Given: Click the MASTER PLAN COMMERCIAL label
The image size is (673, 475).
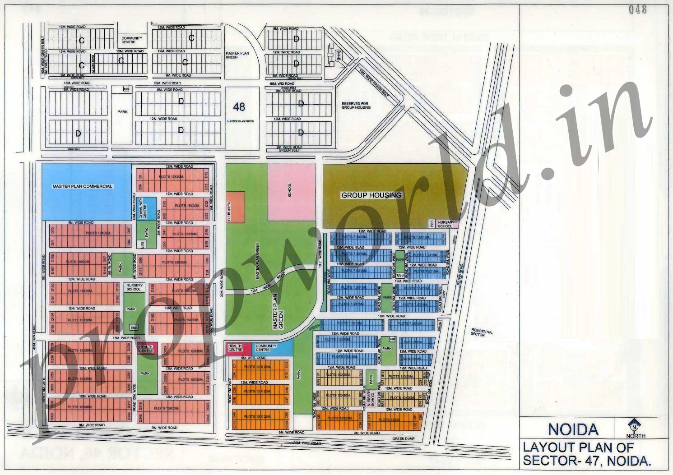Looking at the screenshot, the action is (x=82, y=186).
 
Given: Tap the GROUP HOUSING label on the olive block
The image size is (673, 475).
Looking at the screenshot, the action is (x=371, y=195).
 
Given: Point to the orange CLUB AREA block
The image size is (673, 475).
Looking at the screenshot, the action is (x=235, y=207).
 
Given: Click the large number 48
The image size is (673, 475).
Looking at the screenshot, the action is (x=239, y=106).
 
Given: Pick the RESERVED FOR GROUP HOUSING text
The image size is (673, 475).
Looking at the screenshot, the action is (x=356, y=106).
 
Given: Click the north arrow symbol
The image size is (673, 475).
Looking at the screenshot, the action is (x=635, y=425).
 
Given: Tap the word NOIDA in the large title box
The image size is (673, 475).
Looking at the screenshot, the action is (x=573, y=429).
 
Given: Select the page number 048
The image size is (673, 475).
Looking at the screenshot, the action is (x=637, y=9).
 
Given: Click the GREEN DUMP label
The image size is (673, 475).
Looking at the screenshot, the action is (x=403, y=438).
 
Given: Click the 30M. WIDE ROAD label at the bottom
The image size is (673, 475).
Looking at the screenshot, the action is (x=307, y=443).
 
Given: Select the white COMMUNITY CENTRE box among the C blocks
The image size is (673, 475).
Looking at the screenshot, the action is (x=132, y=40).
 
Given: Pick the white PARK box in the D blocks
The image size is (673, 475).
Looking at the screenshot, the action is (x=122, y=112).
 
